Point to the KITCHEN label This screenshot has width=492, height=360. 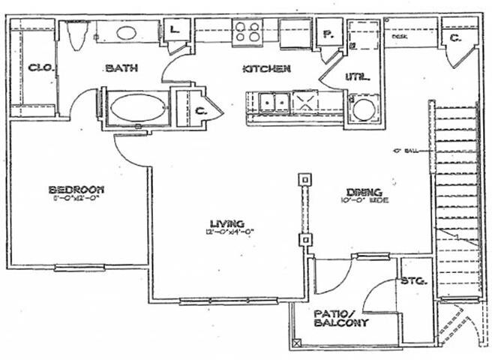[x=266, y=70]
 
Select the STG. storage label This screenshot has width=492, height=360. [x=415, y=282]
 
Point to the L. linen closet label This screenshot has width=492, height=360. [x=175, y=31]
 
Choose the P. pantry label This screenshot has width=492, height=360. [x=328, y=34]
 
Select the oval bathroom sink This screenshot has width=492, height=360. [x=126, y=33]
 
